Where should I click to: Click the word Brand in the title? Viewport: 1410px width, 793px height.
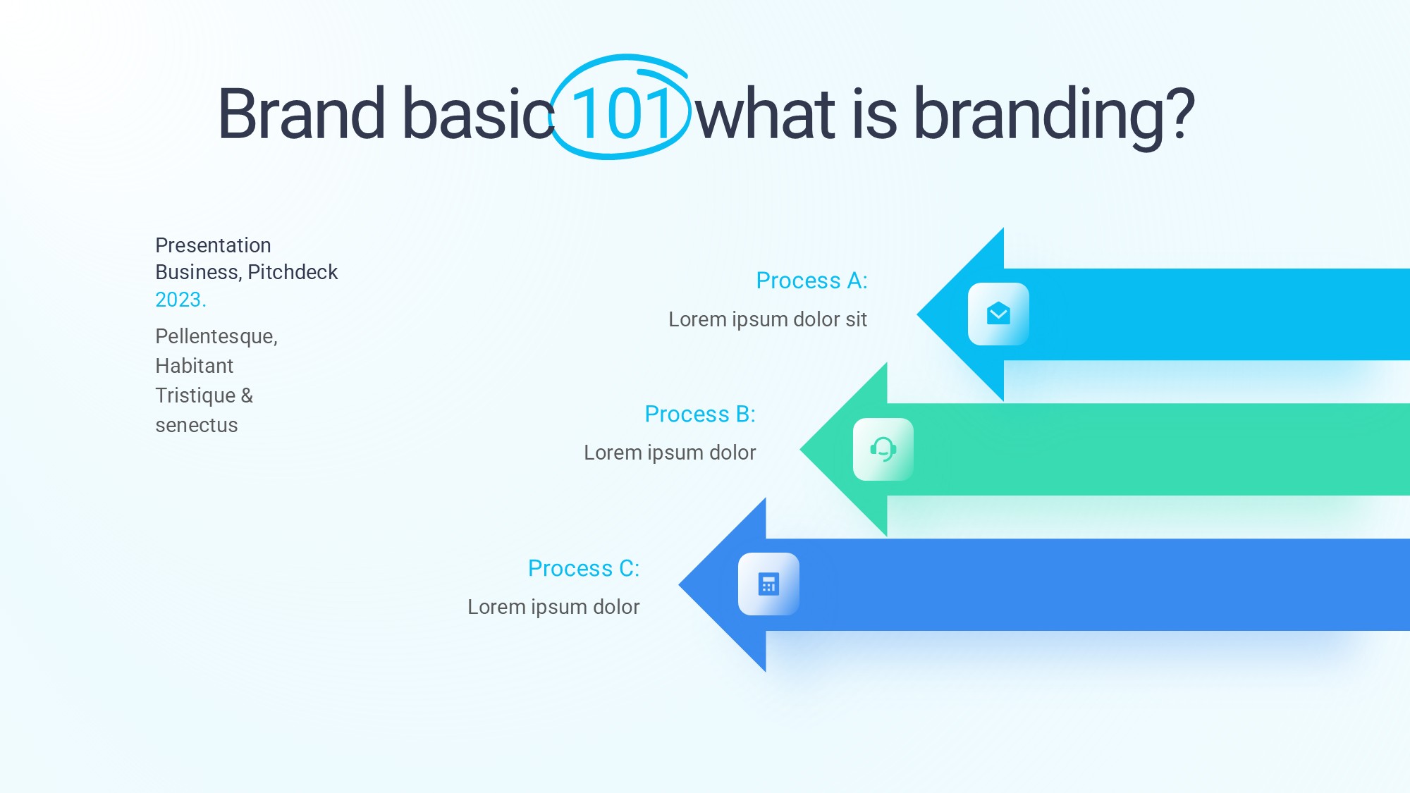click(x=302, y=113)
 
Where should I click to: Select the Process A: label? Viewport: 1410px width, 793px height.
click(x=811, y=281)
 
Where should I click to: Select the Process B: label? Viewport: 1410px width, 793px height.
click(x=700, y=414)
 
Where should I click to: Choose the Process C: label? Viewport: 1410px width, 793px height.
click(x=584, y=568)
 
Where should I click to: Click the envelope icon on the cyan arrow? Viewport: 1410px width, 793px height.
click(x=998, y=314)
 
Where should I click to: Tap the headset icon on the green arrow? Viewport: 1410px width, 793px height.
click(x=883, y=449)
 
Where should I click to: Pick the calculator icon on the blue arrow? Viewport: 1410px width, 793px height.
click(x=768, y=584)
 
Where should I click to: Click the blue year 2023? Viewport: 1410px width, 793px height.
click(x=180, y=300)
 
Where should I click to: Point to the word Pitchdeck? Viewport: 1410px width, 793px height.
click(x=293, y=272)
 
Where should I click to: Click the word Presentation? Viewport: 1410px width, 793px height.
click(x=213, y=245)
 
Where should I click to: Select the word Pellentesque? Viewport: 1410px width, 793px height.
click(x=216, y=337)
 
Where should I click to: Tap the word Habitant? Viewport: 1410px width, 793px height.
click(x=194, y=366)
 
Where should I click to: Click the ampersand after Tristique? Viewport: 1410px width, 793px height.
click(x=247, y=395)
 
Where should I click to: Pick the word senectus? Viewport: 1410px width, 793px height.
click(x=197, y=425)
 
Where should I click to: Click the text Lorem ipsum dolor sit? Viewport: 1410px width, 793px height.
click(x=768, y=319)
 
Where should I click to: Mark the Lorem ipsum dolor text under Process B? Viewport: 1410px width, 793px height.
click(x=670, y=453)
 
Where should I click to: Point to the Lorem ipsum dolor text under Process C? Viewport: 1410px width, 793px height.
click(x=553, y=607)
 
